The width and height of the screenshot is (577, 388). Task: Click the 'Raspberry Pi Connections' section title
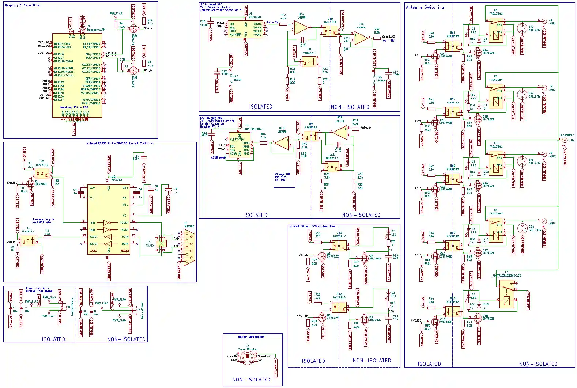click(22, 5)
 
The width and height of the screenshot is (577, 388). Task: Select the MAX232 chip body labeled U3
click(109, 219)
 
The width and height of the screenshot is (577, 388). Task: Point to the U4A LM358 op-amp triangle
click(301, 28)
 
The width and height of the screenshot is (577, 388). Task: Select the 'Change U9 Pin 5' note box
click(284, 179)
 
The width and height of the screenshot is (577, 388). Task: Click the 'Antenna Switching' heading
click(425, 7)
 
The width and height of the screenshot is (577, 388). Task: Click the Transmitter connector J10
click(565, 140)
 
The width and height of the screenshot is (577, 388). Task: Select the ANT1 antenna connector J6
click(544, 21)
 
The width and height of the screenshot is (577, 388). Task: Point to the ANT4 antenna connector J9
click(544, 221)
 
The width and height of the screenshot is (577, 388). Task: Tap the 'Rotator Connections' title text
click(251, 337)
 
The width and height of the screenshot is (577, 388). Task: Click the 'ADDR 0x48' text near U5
click(218, 158)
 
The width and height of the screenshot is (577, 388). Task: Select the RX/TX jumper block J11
click(161, 241)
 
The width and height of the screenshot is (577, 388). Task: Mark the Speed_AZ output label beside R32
click(388, 37)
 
